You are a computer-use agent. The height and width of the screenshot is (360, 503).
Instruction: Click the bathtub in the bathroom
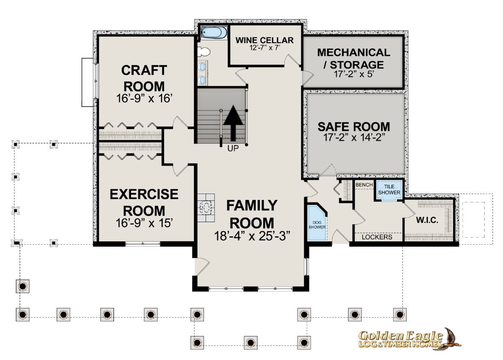pos(214,33)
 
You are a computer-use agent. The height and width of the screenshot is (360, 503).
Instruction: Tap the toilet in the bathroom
pos(204,52)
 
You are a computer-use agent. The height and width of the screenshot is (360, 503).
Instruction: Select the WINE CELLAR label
pos(264,40)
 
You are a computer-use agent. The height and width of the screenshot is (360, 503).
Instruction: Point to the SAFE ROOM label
pos(354,127)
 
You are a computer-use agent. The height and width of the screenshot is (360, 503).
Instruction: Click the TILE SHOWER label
pos(389,189)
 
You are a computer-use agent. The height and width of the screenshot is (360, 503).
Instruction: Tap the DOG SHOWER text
pos(317,225)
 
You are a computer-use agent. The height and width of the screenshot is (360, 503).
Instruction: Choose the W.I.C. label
pos(427,220)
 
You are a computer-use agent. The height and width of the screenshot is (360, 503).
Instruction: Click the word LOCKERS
pos(377,237)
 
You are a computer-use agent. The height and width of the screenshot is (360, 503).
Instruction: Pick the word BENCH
pos(364,185)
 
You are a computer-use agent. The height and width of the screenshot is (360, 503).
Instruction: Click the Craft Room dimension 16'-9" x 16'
pos(144,98)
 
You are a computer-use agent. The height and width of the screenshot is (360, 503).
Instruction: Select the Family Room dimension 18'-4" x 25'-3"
pos(252,236)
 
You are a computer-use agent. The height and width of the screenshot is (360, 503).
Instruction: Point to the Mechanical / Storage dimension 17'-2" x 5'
pos(353,74)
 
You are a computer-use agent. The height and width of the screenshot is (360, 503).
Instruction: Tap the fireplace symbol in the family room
pos(206,208)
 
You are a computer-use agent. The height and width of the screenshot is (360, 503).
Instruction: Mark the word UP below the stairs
pos(233,148)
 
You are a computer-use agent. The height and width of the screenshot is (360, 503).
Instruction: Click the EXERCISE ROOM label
pos(144,202)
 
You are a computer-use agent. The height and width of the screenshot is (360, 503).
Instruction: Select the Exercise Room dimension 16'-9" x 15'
pos(144,223)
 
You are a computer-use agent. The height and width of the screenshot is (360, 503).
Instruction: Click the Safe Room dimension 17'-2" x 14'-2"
pos(354,137)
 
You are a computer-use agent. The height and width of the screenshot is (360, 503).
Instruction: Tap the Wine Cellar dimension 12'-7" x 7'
pos(264,48)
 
